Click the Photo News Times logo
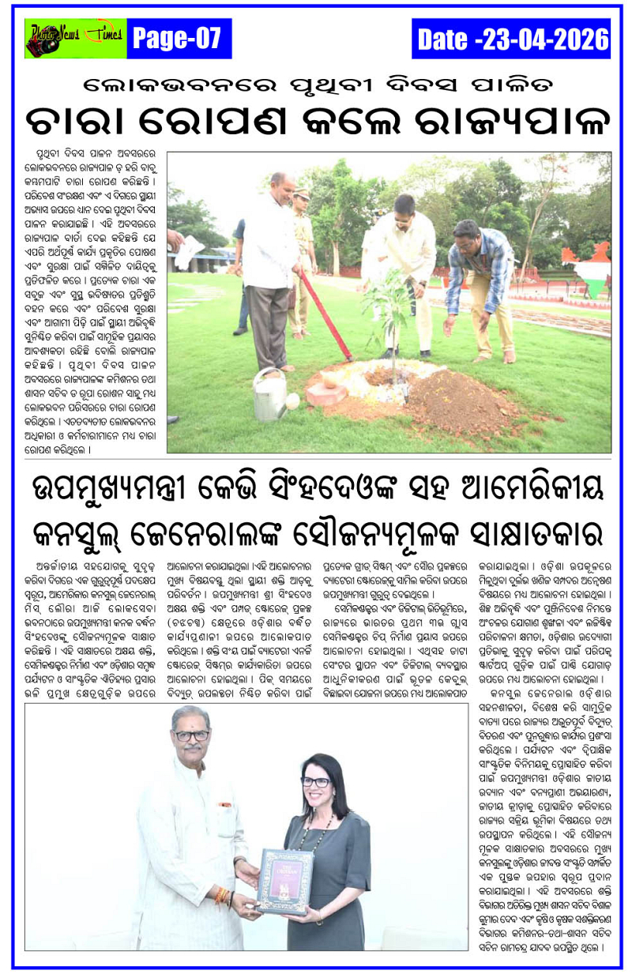click(x=76, y=38)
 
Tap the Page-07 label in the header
click(x=179, y=38)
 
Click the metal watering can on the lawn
click(x=273, y=396)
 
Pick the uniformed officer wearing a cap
click(x=301, y=253)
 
